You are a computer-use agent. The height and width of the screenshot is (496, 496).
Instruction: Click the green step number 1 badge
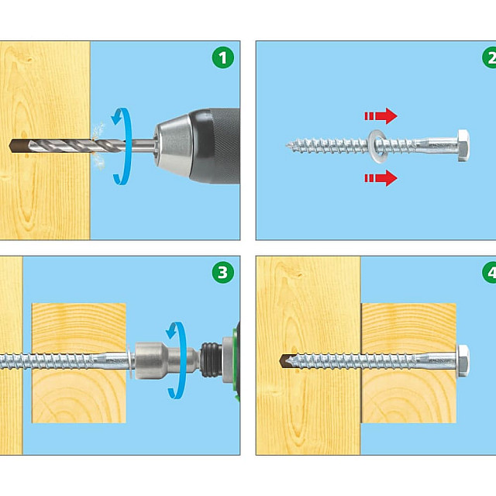[x=223, y=57]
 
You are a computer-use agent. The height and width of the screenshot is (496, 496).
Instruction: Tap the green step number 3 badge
[x=223, y=272]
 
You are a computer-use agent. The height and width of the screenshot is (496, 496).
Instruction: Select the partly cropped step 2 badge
[x=489, y=57]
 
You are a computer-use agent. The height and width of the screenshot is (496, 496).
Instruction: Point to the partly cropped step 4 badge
[x=489, y=272]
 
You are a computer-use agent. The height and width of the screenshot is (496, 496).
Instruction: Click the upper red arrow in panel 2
[x=381, y=115]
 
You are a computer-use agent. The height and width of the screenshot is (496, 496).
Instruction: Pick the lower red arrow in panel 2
[x=381, y=177]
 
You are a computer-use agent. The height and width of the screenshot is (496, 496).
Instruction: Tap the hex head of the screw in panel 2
[x=463, y=146]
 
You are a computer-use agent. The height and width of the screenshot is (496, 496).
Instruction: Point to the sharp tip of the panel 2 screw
[x=287, y=146]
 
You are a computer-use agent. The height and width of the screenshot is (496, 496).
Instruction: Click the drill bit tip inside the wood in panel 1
[x=11, y=146]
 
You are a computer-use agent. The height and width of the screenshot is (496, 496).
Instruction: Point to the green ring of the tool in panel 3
[x=235, y=360]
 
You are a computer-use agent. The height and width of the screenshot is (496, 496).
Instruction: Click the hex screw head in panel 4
[x=463, y=360]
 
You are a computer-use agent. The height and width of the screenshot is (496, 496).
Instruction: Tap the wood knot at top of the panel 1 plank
[x=29, y=59]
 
